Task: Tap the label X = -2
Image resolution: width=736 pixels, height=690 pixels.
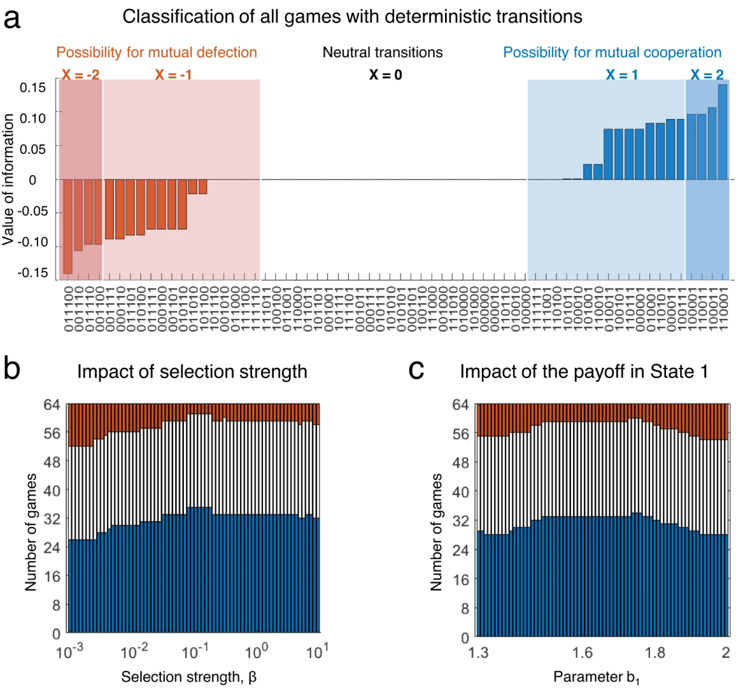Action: [x=80, y=75]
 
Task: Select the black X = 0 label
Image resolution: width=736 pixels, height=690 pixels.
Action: [x=386, y=75]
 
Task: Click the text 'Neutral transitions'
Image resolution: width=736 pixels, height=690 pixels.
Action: [x=383, y=52]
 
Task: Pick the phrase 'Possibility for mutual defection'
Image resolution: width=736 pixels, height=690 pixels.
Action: [x=157, y=52]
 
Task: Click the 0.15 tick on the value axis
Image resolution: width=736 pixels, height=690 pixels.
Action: [x=35, y=87]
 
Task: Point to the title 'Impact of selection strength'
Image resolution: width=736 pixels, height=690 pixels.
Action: [x=193, y=372]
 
